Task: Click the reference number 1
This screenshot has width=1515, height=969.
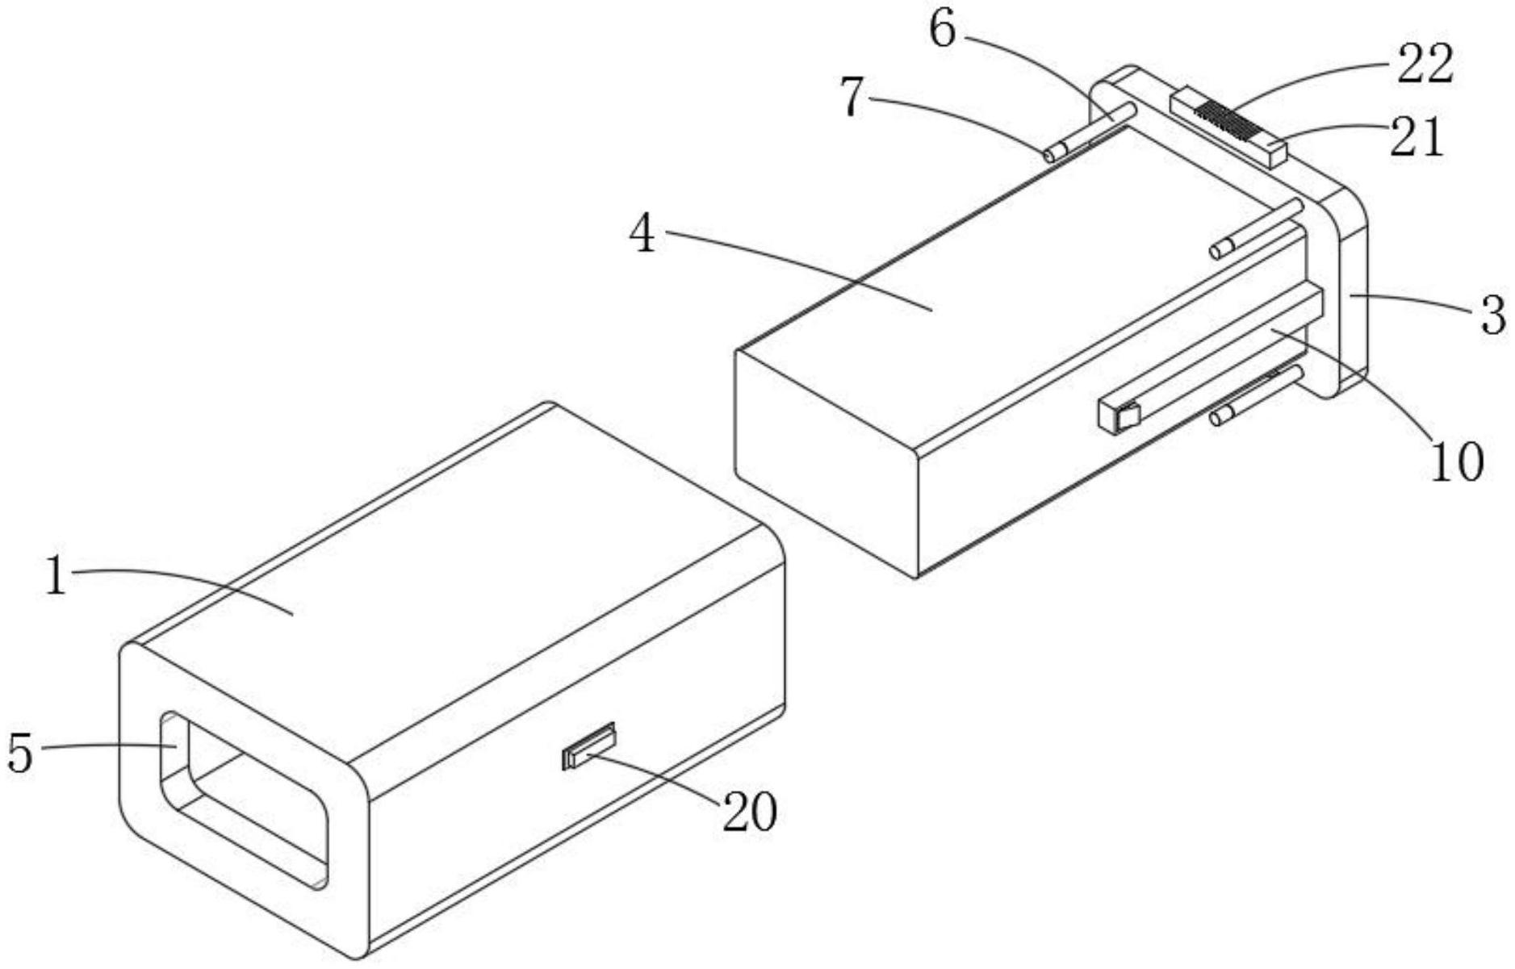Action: tap(55, 578)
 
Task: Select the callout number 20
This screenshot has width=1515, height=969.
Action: tap(749, 812)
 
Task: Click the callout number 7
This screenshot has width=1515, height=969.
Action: tap(853, 98)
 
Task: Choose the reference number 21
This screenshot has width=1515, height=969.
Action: tap(1416, 137)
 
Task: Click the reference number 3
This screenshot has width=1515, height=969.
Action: tap(1493, 315)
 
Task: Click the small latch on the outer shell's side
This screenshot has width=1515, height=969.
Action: tap(588, 746)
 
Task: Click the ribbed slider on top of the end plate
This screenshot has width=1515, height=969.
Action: tap(1228, 127)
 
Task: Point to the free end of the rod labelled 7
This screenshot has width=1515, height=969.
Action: tap(1050, 154)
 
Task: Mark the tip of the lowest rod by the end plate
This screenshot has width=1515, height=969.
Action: tap(1217, 418)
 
